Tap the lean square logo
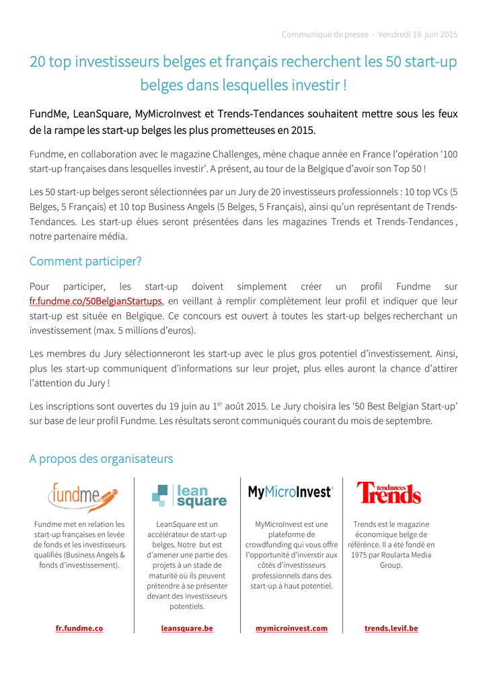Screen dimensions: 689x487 [x=189, y=497]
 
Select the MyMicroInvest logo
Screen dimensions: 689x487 [x=291, y=492]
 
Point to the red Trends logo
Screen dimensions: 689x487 [x=388, y=493]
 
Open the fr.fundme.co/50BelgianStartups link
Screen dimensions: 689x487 [x=96, y=301]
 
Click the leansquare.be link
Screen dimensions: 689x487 [x=187, y=628]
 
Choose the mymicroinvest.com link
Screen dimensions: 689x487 [x=291, y=628]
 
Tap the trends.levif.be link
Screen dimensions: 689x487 [x=391, y=628]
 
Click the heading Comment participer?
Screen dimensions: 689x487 [x=85, y=261]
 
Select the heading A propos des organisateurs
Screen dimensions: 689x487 [x=101, y=459]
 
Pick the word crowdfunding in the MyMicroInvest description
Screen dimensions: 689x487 [x=269, y=545]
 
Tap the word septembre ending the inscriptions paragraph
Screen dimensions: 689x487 [x=408, y=421]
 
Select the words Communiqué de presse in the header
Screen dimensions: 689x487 [x=324, y=34]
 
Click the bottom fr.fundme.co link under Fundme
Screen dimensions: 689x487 [x=79, y=628]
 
